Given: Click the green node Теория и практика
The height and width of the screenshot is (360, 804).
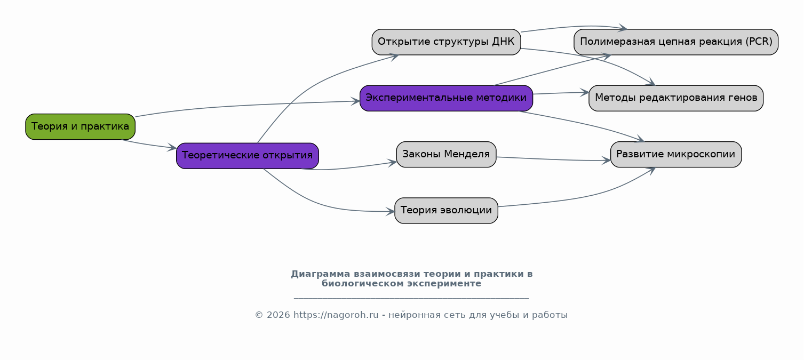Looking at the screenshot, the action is tap(80, 127).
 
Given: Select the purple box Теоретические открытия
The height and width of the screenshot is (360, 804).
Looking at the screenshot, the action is tap(248, 156).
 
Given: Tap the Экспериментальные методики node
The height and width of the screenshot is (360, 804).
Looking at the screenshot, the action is tap(446, 98).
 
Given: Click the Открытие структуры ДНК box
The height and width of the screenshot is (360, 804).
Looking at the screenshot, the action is tap(446, 42).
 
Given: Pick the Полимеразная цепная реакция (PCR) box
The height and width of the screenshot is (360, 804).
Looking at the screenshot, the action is tap(676, 42).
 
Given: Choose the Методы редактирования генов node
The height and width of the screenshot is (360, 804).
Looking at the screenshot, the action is tap(676, 98).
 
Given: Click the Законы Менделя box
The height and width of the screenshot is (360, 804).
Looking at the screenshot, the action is tap(446, 154).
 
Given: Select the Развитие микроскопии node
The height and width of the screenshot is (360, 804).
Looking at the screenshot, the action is tap(676, 154).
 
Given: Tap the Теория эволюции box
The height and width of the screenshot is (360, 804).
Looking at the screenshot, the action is tap(446, 211).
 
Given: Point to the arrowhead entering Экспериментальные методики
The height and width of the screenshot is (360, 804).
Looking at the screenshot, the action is tap(355, 101).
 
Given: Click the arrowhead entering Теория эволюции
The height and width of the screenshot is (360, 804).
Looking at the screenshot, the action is tap(391, 211).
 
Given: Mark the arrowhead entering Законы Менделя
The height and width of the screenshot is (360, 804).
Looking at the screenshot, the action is tap(392, 163).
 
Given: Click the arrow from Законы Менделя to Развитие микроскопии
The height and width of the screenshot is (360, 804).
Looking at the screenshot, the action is tap(553, 159).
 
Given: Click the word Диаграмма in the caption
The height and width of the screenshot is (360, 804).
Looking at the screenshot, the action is tap(320, 274).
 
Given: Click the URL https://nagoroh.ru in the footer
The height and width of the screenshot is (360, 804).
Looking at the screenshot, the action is tap(336, 315).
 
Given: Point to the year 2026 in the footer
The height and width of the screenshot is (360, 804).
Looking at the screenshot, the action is tap(278, 315).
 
